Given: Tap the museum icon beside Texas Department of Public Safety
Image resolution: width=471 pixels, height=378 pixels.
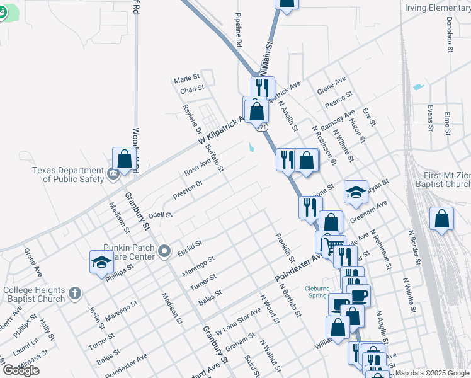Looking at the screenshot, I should click(x=113, y=174).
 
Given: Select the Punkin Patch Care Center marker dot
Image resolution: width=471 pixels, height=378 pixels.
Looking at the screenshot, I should click(x=165, y=252).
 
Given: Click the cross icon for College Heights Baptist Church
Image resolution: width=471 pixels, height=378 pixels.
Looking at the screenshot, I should click(x=74, y=293).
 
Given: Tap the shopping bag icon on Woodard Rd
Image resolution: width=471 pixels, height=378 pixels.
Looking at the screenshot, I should click(x=125, y=159).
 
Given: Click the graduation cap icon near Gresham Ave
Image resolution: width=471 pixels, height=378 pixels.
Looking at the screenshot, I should click(x=356, y=192).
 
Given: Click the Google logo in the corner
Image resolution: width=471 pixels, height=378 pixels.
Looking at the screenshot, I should click(x=21, y=370).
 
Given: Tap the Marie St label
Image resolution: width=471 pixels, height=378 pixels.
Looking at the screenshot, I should click(x=186, y=79).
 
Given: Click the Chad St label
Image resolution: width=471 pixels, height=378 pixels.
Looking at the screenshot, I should click(x=192, y=89).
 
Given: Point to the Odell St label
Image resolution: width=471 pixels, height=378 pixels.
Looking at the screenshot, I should click(x=161, y=215).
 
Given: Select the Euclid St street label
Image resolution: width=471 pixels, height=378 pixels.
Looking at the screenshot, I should click(x=190, y=244).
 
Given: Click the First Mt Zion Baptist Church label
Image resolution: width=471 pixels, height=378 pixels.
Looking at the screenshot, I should click(x=446, y=180).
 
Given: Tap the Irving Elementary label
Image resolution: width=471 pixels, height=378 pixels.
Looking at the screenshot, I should click(x=436, y=8).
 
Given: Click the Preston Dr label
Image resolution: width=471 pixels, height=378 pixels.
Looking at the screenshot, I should click(x=188, y=190).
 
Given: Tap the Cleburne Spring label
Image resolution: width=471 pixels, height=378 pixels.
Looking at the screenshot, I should click(x=316, y=292).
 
